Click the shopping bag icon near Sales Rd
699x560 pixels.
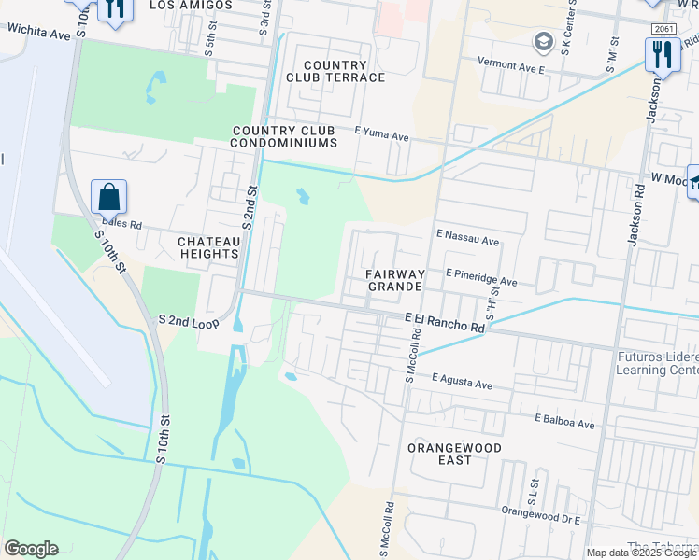(x=109, y=197)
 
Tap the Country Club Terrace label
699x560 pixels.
(x=335, y=71)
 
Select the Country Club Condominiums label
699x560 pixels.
(x=284, y=136)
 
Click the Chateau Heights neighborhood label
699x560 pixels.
(x=208, y=247)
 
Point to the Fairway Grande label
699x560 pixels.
(x=396, y=280)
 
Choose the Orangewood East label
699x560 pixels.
(x=454, y=455)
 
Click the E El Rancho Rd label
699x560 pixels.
(x=446, y=323)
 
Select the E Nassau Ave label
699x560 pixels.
(x=467, y=239)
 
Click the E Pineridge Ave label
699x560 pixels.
(x=481, y=279)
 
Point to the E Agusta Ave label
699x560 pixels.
(x=461, y=383)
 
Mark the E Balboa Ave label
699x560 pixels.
(x=564, y=422)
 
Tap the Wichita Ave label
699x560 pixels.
(x=39, y=34)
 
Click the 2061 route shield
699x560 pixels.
(x=662, y=28)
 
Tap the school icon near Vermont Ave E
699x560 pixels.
(x=542, y=41)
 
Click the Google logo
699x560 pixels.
(x=31, y=548)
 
